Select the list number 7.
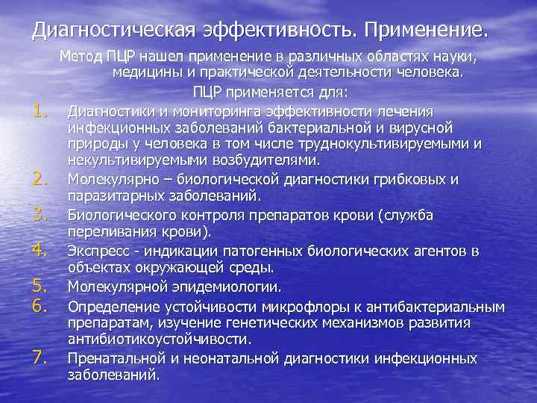click(41, 357)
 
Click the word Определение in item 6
click(107, 306)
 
